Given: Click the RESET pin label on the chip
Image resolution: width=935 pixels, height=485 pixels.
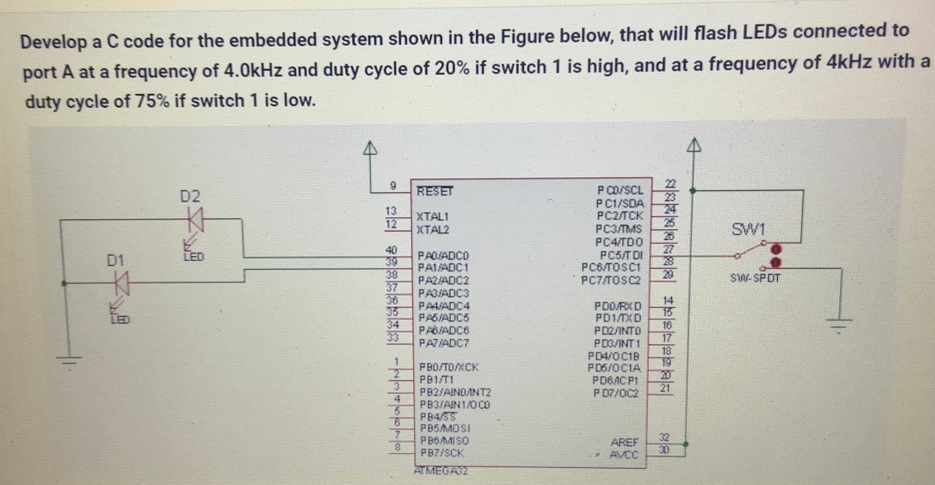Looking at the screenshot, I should [x=435, y=191].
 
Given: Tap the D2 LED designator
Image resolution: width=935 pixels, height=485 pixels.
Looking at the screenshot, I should [x=190, y=197].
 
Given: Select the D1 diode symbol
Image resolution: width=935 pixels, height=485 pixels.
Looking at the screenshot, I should [x=122, y=284].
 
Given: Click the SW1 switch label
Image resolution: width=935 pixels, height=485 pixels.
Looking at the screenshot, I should [x=749, y=229].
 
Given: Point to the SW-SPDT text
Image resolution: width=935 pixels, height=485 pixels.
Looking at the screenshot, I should [x=755, y=278].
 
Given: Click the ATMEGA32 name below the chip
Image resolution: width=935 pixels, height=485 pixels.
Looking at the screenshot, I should [x=441, y=470].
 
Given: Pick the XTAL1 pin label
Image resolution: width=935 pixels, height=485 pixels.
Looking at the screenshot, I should [x=432, y=216].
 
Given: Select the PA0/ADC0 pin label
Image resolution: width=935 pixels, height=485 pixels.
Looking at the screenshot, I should [x=443, y=255].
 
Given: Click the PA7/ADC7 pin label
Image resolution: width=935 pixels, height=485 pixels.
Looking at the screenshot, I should [x=444, y=343].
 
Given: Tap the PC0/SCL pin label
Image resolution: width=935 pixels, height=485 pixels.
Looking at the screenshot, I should [x=620, y=190].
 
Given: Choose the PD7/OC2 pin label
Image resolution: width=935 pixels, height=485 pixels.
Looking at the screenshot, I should [x=616, y=392].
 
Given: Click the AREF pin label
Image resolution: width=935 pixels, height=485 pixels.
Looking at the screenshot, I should [x=624, y=442].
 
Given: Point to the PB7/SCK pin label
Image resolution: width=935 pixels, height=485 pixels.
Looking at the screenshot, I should [x=442, y=453].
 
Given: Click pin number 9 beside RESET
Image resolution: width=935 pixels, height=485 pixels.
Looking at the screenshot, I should [x=393, y=186].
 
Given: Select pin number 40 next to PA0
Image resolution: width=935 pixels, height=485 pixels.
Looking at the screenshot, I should [x=391, y=250].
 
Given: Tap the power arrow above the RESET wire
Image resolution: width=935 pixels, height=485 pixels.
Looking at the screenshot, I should [x=370, y=149].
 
